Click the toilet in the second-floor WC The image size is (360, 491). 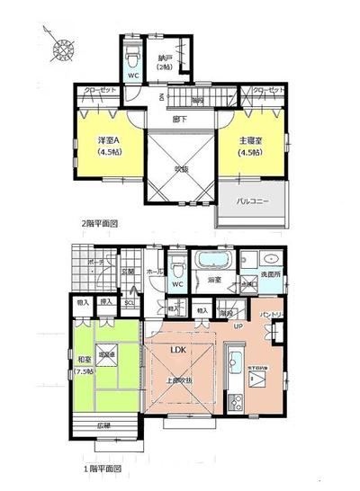click(x=132, y=56)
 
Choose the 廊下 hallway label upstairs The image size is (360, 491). click(x=179, y=118)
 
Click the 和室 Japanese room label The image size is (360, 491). click(x=86, y=362)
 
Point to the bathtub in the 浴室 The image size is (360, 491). click(x=212, y=263)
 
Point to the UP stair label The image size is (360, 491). click(x=237, y=326)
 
